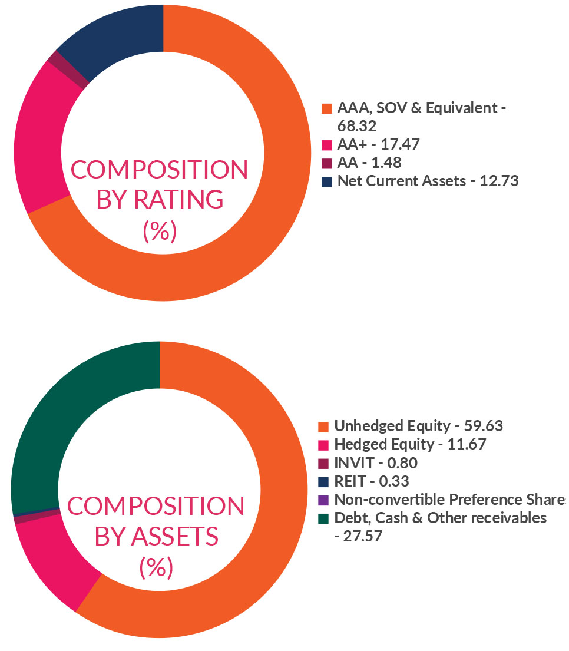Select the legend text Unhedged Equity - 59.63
[418, 426]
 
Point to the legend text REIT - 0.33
[371, 481]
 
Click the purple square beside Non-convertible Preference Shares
[323, 500]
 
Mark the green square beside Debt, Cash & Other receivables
[323, 518]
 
